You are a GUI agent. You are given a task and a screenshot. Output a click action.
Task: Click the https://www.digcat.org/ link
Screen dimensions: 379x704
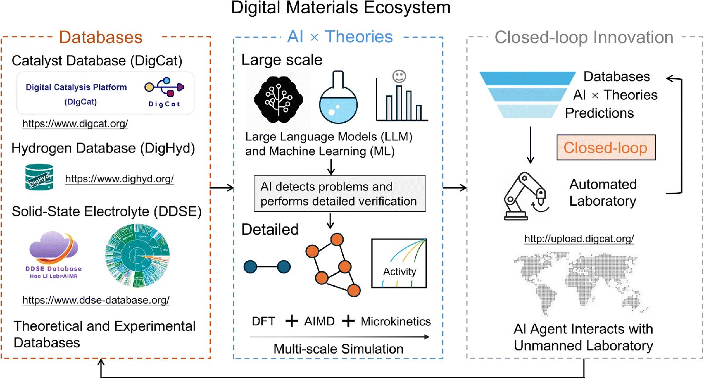[75, 124]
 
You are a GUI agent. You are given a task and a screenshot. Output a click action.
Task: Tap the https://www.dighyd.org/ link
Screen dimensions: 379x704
[119, 179]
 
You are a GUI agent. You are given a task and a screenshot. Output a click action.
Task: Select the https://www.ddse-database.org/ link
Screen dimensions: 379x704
[96, 300]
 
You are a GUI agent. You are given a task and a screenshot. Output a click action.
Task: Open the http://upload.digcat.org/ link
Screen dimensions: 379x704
[579, 239]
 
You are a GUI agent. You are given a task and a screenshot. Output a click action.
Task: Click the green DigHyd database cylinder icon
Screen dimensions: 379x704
[39, 177]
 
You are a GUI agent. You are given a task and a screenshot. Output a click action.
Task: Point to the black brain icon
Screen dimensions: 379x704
[278, 99]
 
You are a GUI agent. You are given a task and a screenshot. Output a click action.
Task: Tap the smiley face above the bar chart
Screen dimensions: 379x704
[399, 77]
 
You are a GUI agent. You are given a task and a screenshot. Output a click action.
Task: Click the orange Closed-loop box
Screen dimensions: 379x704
[606, 148]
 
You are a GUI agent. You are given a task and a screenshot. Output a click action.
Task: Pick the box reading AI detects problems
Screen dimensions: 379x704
[339, 194]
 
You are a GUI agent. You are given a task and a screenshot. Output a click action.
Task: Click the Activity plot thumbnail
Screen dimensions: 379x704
[399, 263]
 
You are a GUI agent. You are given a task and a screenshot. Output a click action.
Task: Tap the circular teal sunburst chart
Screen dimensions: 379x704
[138, 255]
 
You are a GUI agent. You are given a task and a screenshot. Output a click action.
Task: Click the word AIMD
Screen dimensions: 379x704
[319, 321]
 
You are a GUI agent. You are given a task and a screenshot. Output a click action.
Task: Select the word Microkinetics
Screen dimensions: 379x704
[396, 321]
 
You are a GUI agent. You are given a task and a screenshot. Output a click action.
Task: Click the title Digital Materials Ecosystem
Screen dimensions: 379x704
[341, 8]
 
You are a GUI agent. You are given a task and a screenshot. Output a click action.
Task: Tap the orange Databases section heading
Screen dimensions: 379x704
[101, 37]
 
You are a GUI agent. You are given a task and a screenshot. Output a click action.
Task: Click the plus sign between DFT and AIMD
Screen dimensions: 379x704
[292, 321]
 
